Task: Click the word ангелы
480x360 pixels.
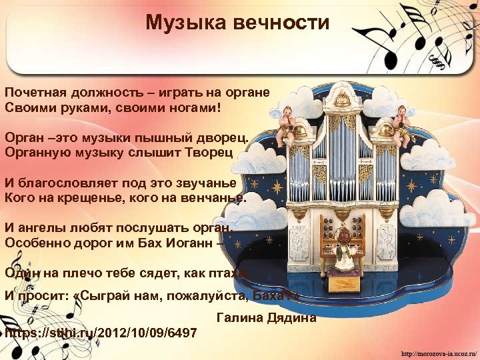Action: click(42, 227)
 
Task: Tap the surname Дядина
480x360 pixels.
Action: click(291, 318)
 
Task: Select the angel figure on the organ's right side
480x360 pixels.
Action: click(401, 121)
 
